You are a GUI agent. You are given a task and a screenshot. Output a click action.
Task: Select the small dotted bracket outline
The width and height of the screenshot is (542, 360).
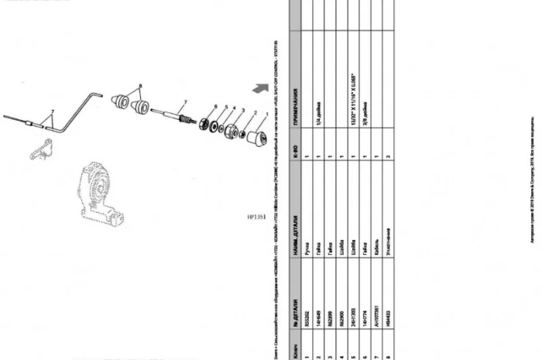pos(40,148)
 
